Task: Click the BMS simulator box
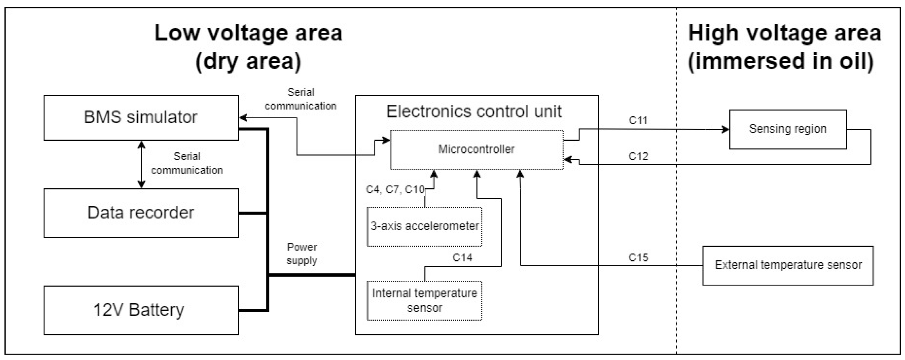pos(141,118)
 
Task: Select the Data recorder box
pos(141,213)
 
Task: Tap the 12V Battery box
pos(141,310)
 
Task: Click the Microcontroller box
pos(476,150)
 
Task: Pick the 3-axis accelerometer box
pos(424,226)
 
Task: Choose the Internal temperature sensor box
pos(424,300)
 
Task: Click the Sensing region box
pos(788,129)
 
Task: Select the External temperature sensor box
pos(788,265)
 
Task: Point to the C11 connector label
pos(638,121)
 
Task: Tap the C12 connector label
pos(638,156)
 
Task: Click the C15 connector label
pos(638,258)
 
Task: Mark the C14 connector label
pos(462,258)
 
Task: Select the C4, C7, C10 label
pos(395,190)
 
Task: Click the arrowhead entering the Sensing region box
pos(725,129)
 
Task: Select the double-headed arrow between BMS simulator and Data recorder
pos(141,164)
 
